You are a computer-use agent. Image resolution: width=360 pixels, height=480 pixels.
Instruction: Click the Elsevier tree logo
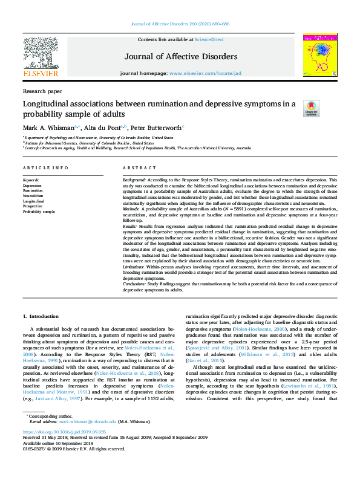(x=41, y=56)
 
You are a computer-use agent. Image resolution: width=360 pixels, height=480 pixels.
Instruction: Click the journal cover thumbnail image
(x=320, y=56)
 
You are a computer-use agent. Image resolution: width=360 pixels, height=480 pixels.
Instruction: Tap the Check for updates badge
(x=311, y=108)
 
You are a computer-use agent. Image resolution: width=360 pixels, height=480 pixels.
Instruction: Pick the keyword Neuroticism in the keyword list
(x=33, y=196)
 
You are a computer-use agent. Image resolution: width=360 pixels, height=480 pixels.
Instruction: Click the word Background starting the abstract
(x=134, y=180)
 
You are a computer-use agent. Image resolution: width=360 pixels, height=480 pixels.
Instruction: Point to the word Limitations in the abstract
(x=134, y=265)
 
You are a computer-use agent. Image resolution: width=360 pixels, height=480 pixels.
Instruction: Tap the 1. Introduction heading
(x=42, y=316)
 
